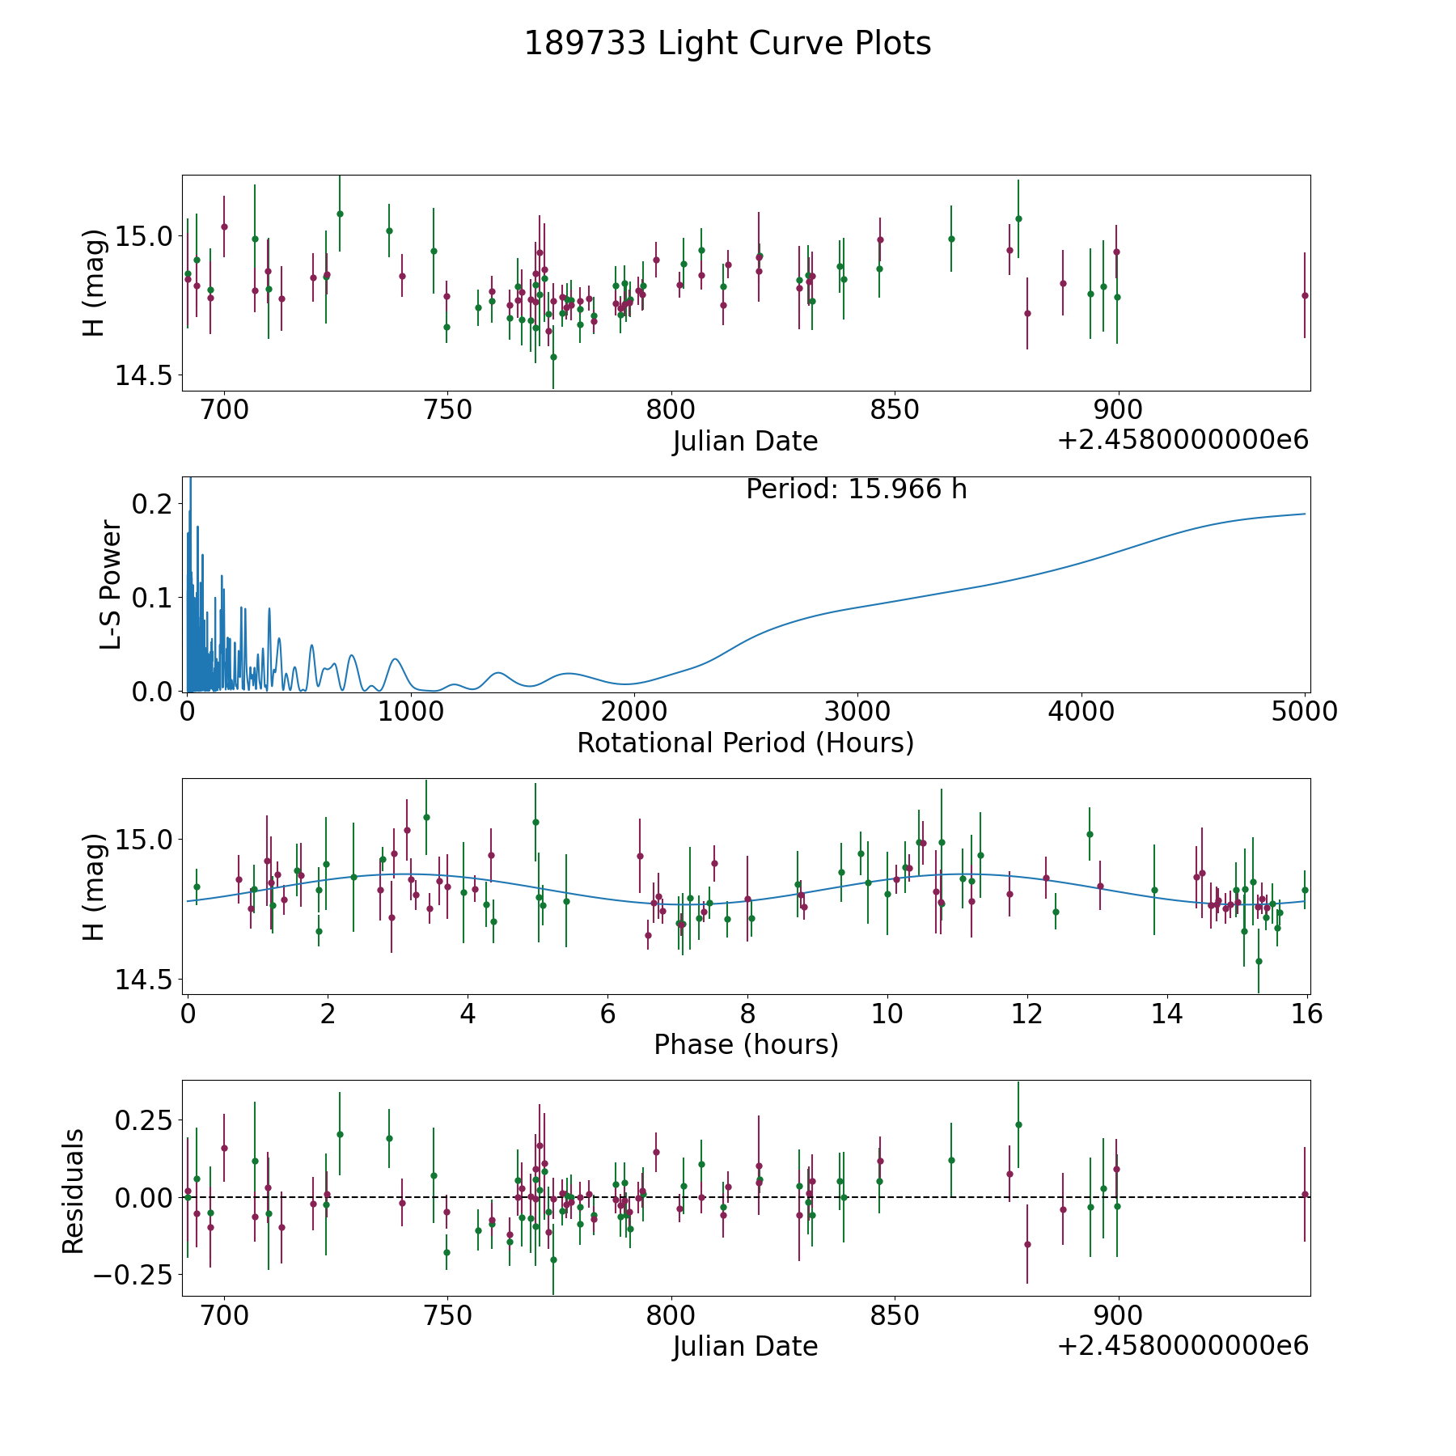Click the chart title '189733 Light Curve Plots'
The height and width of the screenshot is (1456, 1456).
[x=727, y=44]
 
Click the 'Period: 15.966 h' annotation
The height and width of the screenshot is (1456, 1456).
[x=856, y=489]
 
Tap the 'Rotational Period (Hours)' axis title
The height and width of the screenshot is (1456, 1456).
[x=745, y=743]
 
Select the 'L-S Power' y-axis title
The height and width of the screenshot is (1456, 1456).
[x=111, y=585]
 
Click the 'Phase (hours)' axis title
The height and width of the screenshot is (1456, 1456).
[x=746, y=1044]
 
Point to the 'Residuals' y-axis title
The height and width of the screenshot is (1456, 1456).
[x=74, y=1191]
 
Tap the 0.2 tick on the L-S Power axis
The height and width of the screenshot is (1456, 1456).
[x=154, y=504]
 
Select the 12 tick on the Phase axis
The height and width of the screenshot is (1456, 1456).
[x=1027, y=1014]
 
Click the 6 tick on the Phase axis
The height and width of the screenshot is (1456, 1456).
[x=607, y=1014]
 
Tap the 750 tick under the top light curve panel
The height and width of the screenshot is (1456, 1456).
[x=448, y=410]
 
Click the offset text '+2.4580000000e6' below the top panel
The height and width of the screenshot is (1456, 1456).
[x=1183, y=440]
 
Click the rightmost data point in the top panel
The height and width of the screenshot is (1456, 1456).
[x=1305, y=295]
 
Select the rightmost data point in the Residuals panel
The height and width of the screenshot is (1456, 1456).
[x=1305, y=1194]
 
